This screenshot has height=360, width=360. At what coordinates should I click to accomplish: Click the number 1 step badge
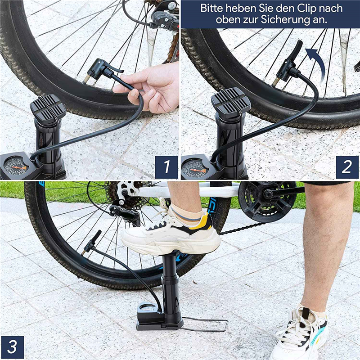click(166, 167)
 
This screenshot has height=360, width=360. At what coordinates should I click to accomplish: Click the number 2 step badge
click(347, 167)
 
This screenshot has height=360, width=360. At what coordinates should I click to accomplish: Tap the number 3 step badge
click(13, 347)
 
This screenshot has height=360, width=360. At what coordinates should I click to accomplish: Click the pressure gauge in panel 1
click(15, 165)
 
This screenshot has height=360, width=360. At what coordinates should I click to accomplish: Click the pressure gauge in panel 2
click(194, 167)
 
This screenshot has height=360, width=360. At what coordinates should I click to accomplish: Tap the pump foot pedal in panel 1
click(48, 108)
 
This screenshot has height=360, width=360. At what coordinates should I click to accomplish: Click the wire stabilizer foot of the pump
click(205, 324)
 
